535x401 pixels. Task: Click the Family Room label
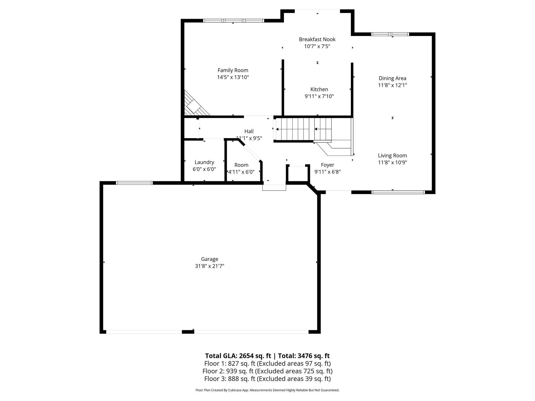[233, 70]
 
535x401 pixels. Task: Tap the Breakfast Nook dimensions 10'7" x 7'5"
[317, 46]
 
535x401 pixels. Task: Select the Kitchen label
[319, 89]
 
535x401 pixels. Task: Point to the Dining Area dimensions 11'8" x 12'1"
[392, 85]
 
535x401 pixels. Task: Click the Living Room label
[392, 156]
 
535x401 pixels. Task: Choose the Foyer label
[327, 165]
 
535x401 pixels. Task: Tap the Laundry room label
[204, 162]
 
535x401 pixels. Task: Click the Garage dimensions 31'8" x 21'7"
[210, 266]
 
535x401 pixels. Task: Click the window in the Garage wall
[134, 183]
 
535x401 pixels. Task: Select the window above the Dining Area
[390, 34]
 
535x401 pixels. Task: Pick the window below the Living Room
[398, 192]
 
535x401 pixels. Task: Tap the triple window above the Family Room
[234, 21]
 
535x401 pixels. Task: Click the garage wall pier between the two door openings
[188, 332]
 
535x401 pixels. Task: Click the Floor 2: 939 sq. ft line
[267, 371]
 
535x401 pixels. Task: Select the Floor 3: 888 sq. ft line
[267, 379]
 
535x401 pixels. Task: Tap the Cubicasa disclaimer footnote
[267, 390]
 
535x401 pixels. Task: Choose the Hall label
[249, 131]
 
